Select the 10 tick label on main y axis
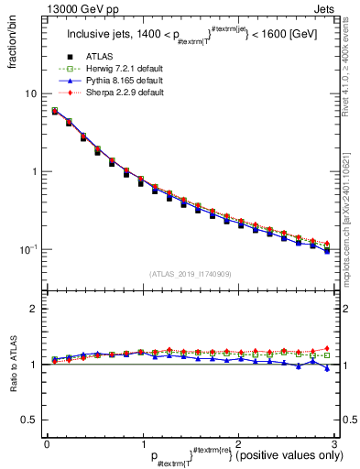coord(31,94)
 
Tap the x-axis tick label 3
coord(333,444)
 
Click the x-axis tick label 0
coord(46,444)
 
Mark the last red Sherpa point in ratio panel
coord(327,349)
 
